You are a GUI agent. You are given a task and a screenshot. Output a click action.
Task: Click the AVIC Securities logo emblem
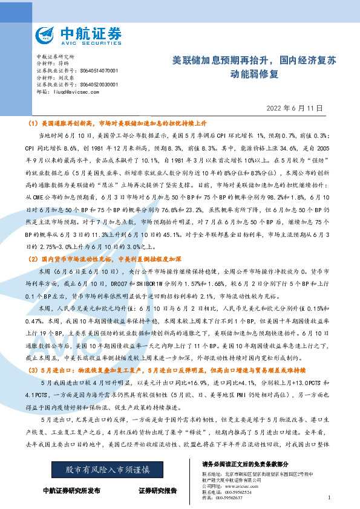46,35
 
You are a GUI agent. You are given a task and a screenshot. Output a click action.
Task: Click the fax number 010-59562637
237,498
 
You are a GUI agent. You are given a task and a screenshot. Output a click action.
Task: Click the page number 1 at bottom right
329,497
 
